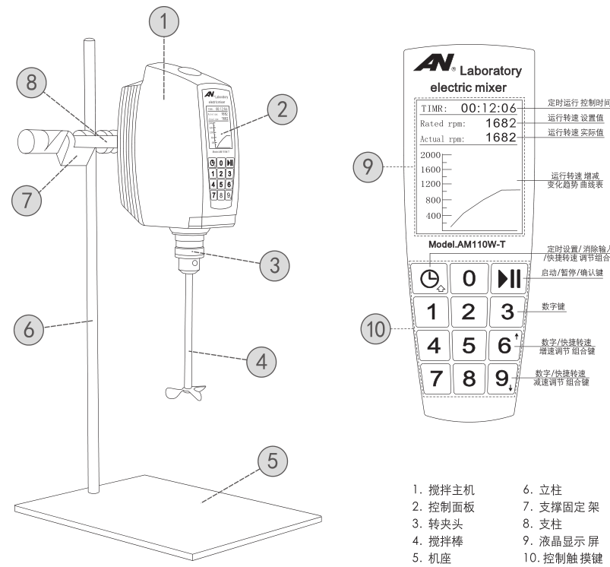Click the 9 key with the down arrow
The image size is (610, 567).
click(505, 378)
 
